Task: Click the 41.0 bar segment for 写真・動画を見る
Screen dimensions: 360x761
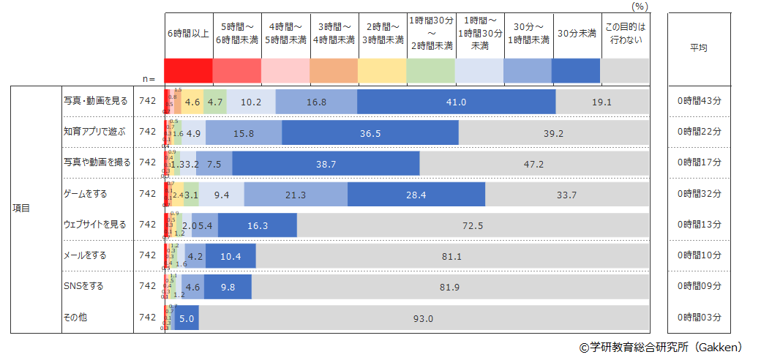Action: [x=456, y=102]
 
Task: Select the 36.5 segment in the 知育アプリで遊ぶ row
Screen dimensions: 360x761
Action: [x=370, y=133]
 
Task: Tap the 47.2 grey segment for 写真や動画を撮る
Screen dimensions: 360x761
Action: [x=534, y=164]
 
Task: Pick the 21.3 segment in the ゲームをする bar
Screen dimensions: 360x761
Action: [x=296, y=195]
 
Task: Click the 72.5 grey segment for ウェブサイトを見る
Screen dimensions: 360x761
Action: [x=473, y=225]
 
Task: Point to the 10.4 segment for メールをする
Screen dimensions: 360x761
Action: [x=230, y=256]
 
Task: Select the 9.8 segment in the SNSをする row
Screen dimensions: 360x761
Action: [x=228, y=287]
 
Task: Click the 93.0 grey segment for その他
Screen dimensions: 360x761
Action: [x=424, y=318]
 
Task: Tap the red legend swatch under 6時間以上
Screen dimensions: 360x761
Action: [x=188, y=71]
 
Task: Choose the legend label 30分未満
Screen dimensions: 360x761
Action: [x=576, y=34]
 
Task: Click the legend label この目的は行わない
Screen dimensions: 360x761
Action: [x=625, y=34]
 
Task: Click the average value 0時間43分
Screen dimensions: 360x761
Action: [x=699, y=102]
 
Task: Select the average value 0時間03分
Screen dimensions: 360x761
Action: [x=699, y=318]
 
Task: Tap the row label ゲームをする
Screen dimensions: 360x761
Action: [x=86, y=194]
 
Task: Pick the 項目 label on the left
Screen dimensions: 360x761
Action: [x=21, y=209]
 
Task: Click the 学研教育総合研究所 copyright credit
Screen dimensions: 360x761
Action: [x=661, y=348]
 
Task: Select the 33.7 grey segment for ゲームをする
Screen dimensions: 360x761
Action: [x=567, y=195]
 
